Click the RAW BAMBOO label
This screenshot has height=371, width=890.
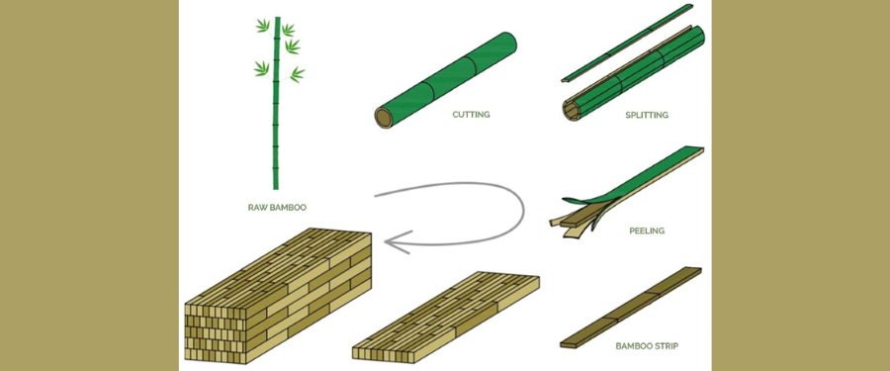pos(277,208)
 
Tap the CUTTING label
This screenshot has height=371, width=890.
pos(471,115)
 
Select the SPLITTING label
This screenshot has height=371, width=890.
pos(647,116)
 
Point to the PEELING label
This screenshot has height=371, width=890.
pos(647,232)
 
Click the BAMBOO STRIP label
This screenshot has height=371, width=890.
pos(647,345)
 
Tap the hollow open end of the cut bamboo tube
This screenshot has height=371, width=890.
pos(385,118)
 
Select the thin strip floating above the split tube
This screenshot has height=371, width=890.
pos(627,43)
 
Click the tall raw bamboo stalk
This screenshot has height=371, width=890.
pos(277,103)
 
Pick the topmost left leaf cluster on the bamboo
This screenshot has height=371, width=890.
pos(263,26)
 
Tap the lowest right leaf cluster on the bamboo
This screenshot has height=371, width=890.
pos(297,74)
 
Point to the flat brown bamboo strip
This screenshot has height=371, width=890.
pos(631,307)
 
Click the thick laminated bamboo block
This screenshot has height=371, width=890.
pos(278,296)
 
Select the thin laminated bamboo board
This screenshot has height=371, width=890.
pos(446,316)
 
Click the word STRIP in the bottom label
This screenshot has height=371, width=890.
pos(666,345)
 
